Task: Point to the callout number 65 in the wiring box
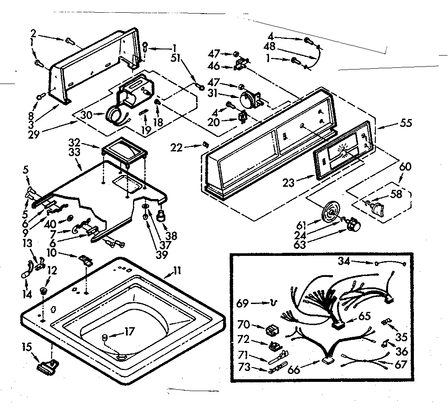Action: pyautogui.click(x=365, y=316)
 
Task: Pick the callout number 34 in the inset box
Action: pyautogui.click(x=343, y=262)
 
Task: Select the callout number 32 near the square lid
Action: pyautogui.click(x=74, y=142)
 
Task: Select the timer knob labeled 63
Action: pyautogui.click(x=353, y=225)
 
